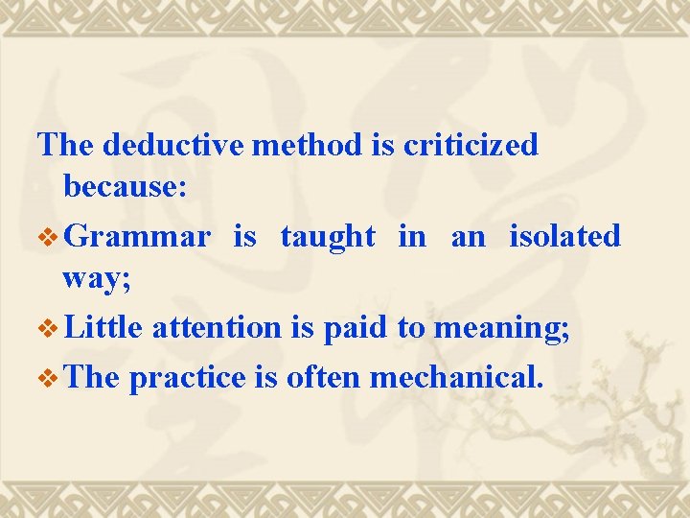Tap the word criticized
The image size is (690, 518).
[x=471, y=145]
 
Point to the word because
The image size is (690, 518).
[x=125, y=187]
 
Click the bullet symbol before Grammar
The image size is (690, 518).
[x=50, y=237]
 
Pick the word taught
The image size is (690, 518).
[x=327, y=236]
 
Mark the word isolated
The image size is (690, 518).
[x=564, y=236]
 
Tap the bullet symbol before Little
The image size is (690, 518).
[x=50, y=329]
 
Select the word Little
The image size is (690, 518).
[x=105, y=328]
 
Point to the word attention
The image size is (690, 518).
[x=216, y=328]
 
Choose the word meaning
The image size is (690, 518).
[x=501, y=328]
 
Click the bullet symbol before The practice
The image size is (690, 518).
[x=50, y=379]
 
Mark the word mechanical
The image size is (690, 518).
[x=456, y=378]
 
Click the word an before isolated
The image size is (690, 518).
[x=468, y=236]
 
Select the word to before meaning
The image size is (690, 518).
[x=411, y=328]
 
